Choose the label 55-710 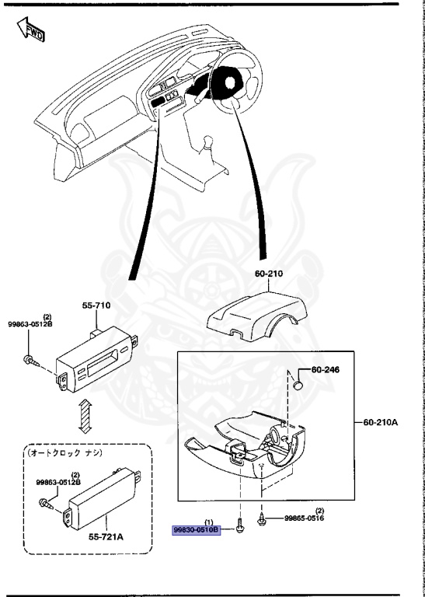tap(98, 305)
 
